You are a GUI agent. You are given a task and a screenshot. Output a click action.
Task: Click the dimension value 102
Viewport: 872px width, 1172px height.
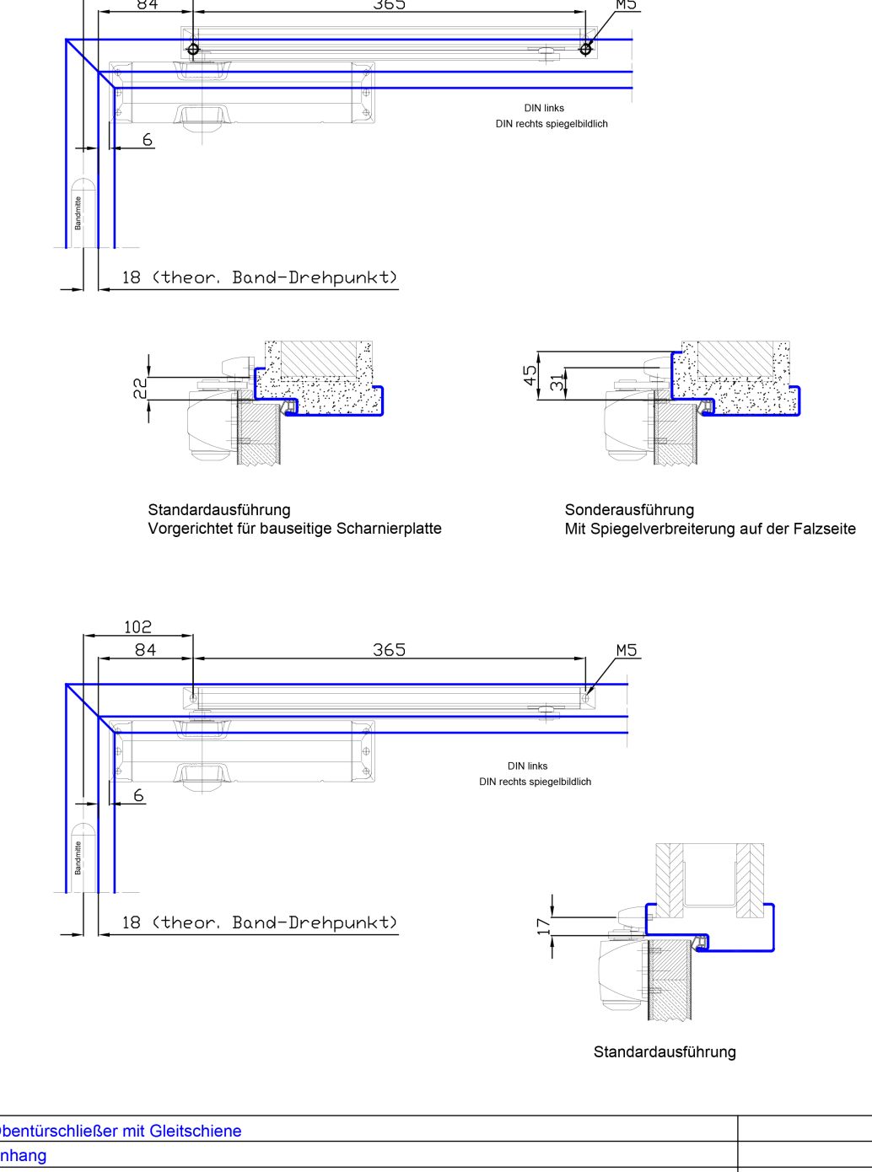point(137,626)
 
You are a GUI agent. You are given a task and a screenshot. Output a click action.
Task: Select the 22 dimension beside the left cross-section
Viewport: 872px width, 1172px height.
point(140,388)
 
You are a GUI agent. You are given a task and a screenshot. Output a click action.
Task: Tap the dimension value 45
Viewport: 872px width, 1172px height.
point(530,375)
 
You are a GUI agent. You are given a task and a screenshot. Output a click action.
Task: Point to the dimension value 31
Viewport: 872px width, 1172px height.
point(557,383)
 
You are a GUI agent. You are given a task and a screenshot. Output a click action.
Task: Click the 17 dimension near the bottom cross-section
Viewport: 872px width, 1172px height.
point(543,926)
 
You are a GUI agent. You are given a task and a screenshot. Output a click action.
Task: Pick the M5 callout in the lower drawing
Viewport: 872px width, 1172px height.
point(627,650)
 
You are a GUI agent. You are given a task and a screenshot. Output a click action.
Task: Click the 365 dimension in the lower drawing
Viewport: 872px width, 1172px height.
point(389,650)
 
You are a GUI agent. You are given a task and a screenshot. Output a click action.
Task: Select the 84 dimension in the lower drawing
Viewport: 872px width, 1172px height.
point(145,650)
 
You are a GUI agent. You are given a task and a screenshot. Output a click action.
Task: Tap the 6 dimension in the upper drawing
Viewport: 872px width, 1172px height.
point(148,140)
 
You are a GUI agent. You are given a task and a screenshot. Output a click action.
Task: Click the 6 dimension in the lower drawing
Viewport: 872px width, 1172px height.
point(139,795)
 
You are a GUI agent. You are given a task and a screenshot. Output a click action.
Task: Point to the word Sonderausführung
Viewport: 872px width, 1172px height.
point(629,509)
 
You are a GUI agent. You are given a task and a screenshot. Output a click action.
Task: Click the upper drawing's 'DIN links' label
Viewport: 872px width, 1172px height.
point(544,108)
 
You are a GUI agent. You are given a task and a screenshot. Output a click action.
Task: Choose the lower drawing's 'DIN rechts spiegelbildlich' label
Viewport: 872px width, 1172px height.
point(535,782)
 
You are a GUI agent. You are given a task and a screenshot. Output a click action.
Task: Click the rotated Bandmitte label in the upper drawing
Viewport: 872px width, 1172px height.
point(78,212)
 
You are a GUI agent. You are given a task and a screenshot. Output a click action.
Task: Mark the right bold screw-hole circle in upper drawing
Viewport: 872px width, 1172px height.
point(585,49)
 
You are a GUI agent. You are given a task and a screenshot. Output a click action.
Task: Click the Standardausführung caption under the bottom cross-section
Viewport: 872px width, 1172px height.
point(665,1051)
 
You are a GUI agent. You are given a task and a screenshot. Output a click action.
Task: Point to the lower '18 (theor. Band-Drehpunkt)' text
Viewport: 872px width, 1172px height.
point(259,922)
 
